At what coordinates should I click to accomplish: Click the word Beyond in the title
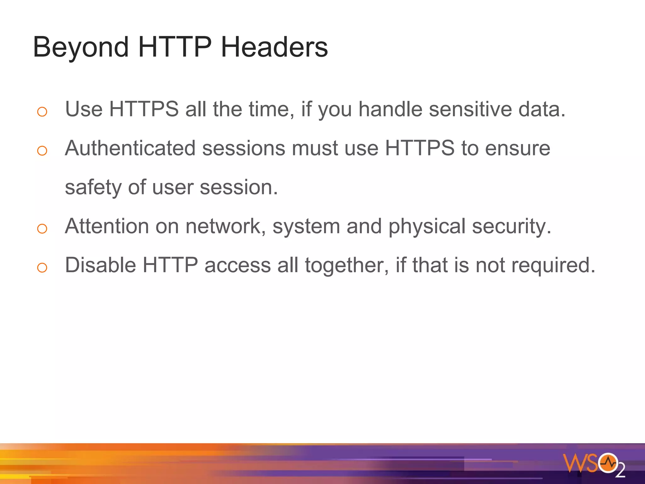81,47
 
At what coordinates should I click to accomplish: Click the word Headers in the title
274,47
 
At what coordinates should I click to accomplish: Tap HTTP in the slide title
174,47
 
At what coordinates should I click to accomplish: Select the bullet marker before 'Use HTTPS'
42,112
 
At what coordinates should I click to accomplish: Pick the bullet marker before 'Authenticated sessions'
42,151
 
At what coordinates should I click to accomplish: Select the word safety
93,187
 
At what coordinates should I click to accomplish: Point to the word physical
427,227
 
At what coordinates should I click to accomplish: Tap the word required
553,266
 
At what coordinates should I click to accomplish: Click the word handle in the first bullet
391,109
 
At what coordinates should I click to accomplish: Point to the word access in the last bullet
238,266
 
